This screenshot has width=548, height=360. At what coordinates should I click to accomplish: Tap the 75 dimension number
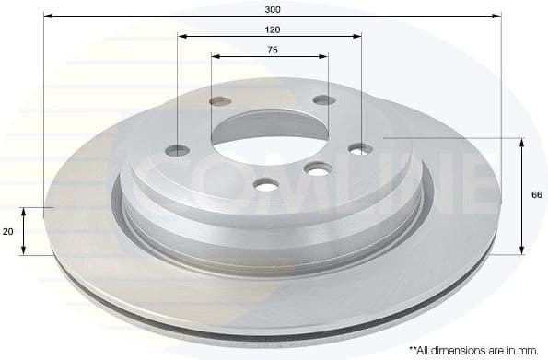coord(273,50)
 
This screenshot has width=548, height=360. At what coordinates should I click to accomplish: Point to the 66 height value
coord(536,195)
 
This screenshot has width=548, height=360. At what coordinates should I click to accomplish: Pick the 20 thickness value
coord(8,231)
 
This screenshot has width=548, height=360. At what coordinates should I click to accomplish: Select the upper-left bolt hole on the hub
coord(220,101)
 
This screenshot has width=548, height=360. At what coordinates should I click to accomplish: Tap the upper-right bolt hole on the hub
coord(323,99)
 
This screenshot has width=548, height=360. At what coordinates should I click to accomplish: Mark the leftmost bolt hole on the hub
coord(178,150)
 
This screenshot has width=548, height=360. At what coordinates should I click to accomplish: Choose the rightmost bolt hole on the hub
coord(361,148)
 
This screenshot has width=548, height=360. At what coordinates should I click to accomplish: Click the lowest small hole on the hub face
coord(266,185)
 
